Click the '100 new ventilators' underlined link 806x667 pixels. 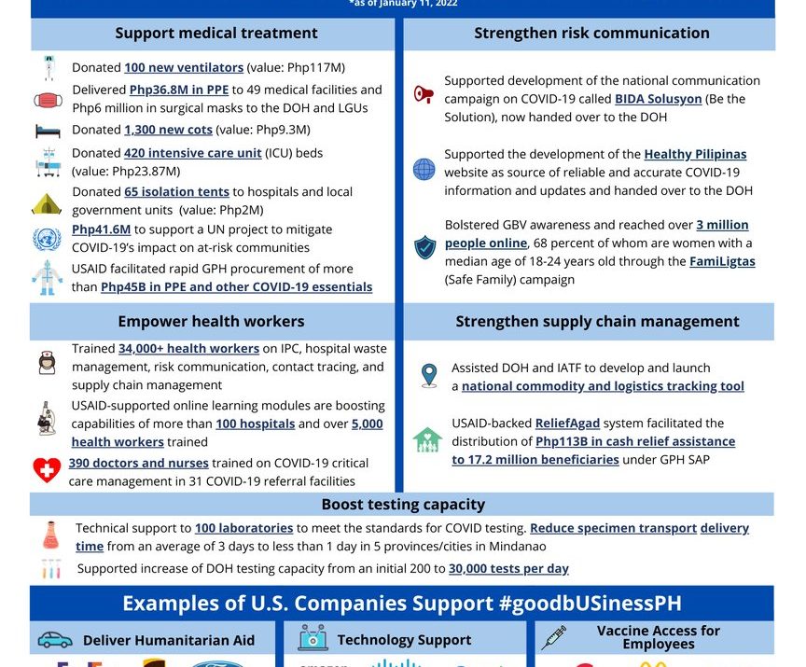coord(184,67)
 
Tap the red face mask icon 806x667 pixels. coord(47,99)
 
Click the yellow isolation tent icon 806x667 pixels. coord(47,202)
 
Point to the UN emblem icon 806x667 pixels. coord(47,239)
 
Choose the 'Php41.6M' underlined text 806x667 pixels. coord(101,229)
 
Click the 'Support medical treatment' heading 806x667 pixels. coord(215,34)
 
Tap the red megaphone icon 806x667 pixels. coord(424,94)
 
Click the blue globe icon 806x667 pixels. coord(424,170)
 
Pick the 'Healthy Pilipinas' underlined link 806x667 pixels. coord(695,154)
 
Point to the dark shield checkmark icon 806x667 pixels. coord(425,247)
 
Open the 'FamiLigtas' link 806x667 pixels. coord(722,261)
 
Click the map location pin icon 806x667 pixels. coord(428,375)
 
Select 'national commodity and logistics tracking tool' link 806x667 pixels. coord(603,386)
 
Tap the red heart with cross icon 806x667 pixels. coord(47,471)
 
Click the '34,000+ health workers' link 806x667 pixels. coord(188,349)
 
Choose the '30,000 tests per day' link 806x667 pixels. coord(508,568)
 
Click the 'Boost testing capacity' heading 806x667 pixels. coord(403,505)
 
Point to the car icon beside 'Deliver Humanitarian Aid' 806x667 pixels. coord(55,640)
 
